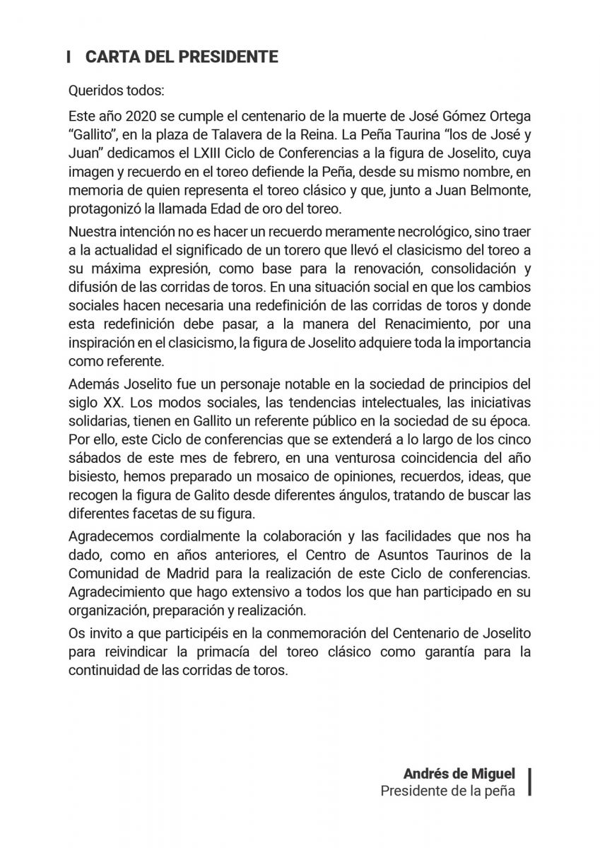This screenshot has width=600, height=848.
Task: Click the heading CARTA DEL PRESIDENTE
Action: (x=181, y=57)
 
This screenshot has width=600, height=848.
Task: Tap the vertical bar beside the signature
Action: (x=529, y=782)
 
